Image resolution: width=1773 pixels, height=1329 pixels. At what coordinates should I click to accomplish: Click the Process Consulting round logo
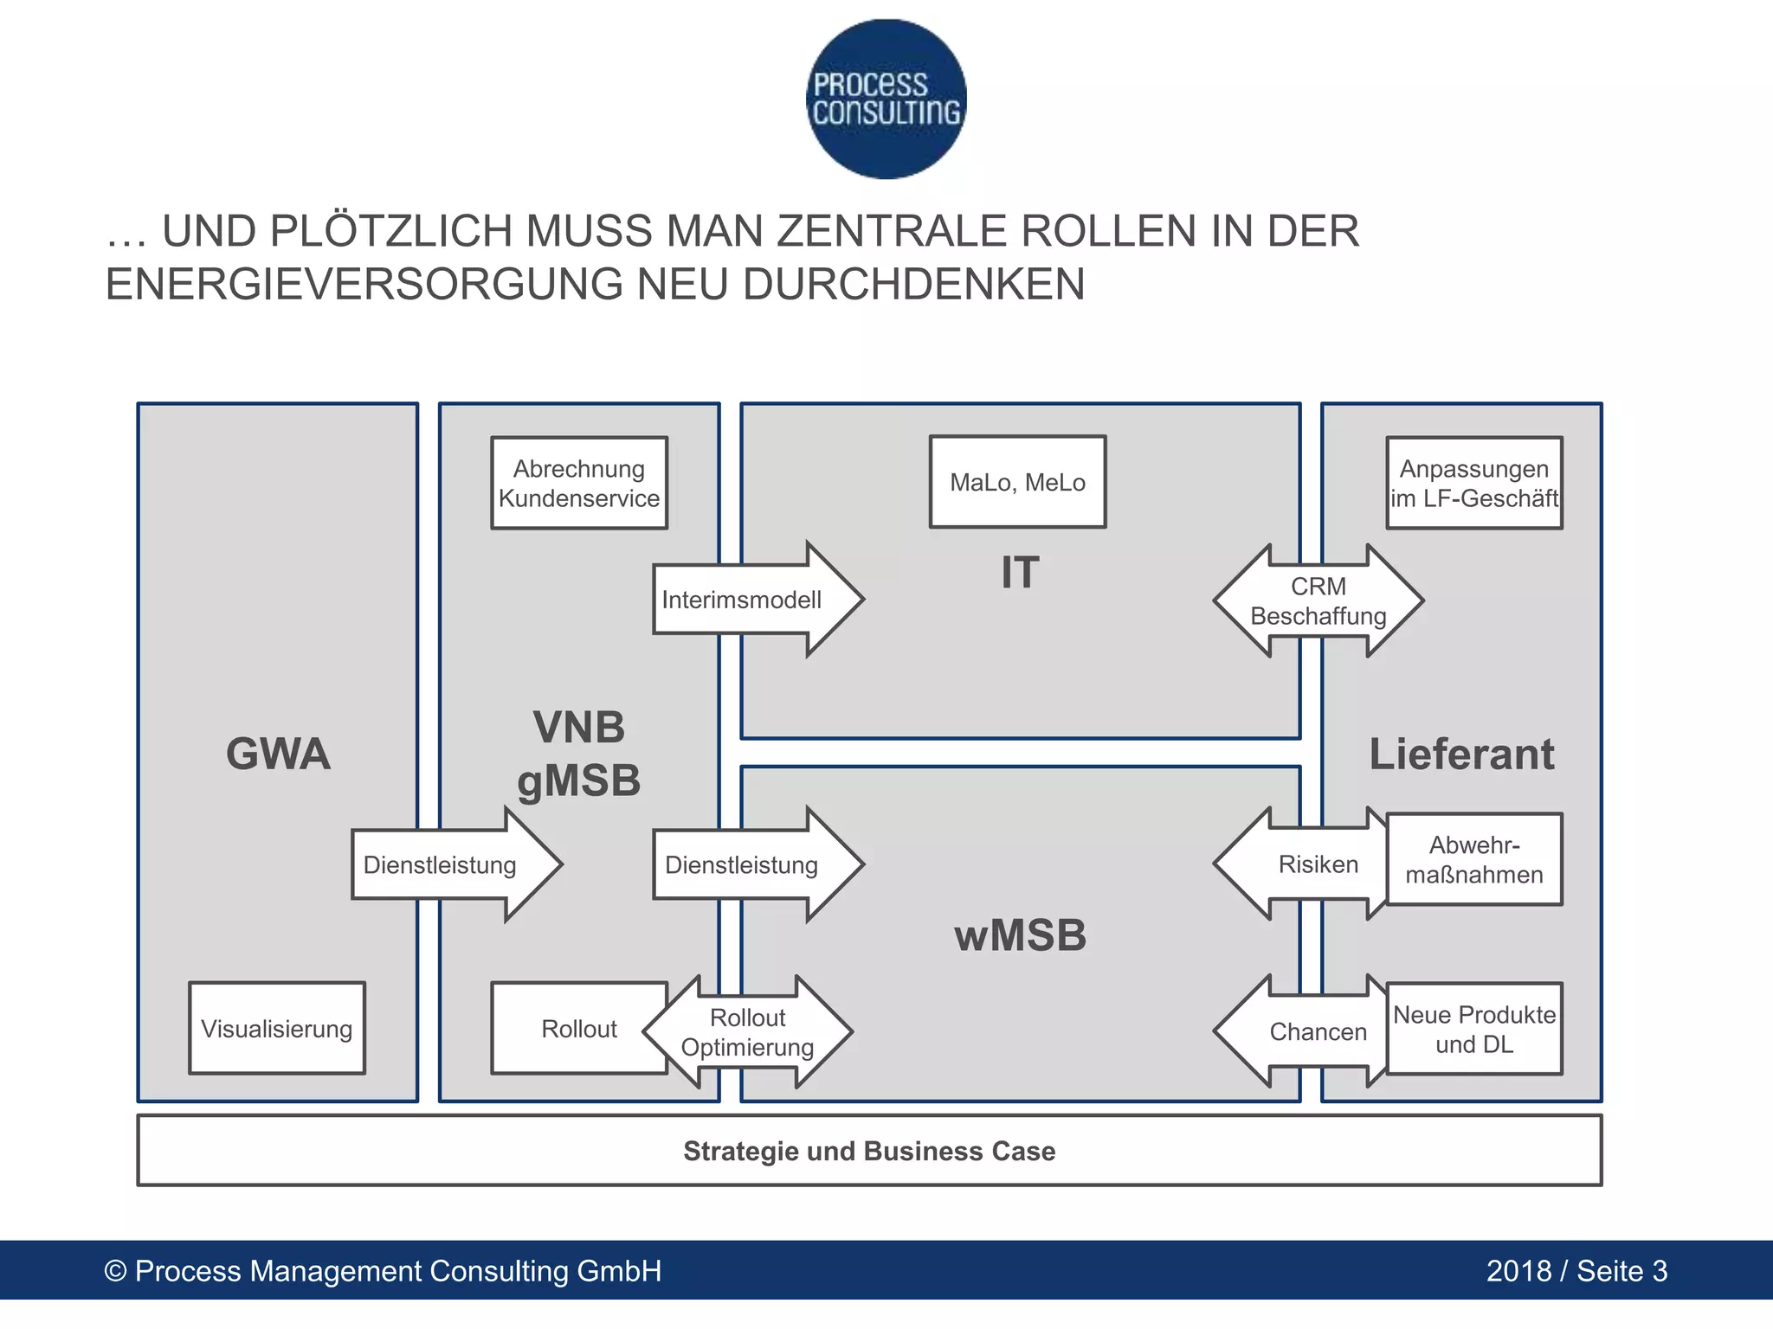point(886,100)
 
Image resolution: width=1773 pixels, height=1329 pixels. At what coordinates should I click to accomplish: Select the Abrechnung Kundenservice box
point(579,483)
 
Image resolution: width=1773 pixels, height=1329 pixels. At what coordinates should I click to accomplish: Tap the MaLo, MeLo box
point(1017,482)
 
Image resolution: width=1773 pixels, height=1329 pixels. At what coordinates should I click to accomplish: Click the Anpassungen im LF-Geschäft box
point(1474,483)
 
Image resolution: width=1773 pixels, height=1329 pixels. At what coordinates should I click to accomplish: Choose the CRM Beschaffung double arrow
point(1318,600)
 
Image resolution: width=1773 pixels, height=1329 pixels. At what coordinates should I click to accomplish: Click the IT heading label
point(1020,573)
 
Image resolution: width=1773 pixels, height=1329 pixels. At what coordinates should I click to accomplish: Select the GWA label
point(278,754)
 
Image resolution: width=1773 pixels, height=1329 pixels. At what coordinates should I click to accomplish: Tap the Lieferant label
point(1461,754)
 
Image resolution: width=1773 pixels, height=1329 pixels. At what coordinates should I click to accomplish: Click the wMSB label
point(1020,935)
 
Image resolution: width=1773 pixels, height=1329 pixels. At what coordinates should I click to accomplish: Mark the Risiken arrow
point(1307,864)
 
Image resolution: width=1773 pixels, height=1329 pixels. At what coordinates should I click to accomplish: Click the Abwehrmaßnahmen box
point(1474,859)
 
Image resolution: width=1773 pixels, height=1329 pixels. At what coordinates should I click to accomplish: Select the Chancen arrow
point(1307,1031)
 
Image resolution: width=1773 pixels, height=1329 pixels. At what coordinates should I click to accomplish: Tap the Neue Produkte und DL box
point(1474,1029)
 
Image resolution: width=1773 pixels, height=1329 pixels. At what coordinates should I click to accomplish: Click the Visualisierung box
point(277,1029)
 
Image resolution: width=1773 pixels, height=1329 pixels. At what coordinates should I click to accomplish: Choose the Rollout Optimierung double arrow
point(748,1032)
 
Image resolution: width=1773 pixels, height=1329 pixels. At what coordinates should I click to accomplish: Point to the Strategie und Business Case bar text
point(869,1151)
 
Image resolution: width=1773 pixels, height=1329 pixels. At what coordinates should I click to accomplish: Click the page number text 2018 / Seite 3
point(1576,1271)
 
